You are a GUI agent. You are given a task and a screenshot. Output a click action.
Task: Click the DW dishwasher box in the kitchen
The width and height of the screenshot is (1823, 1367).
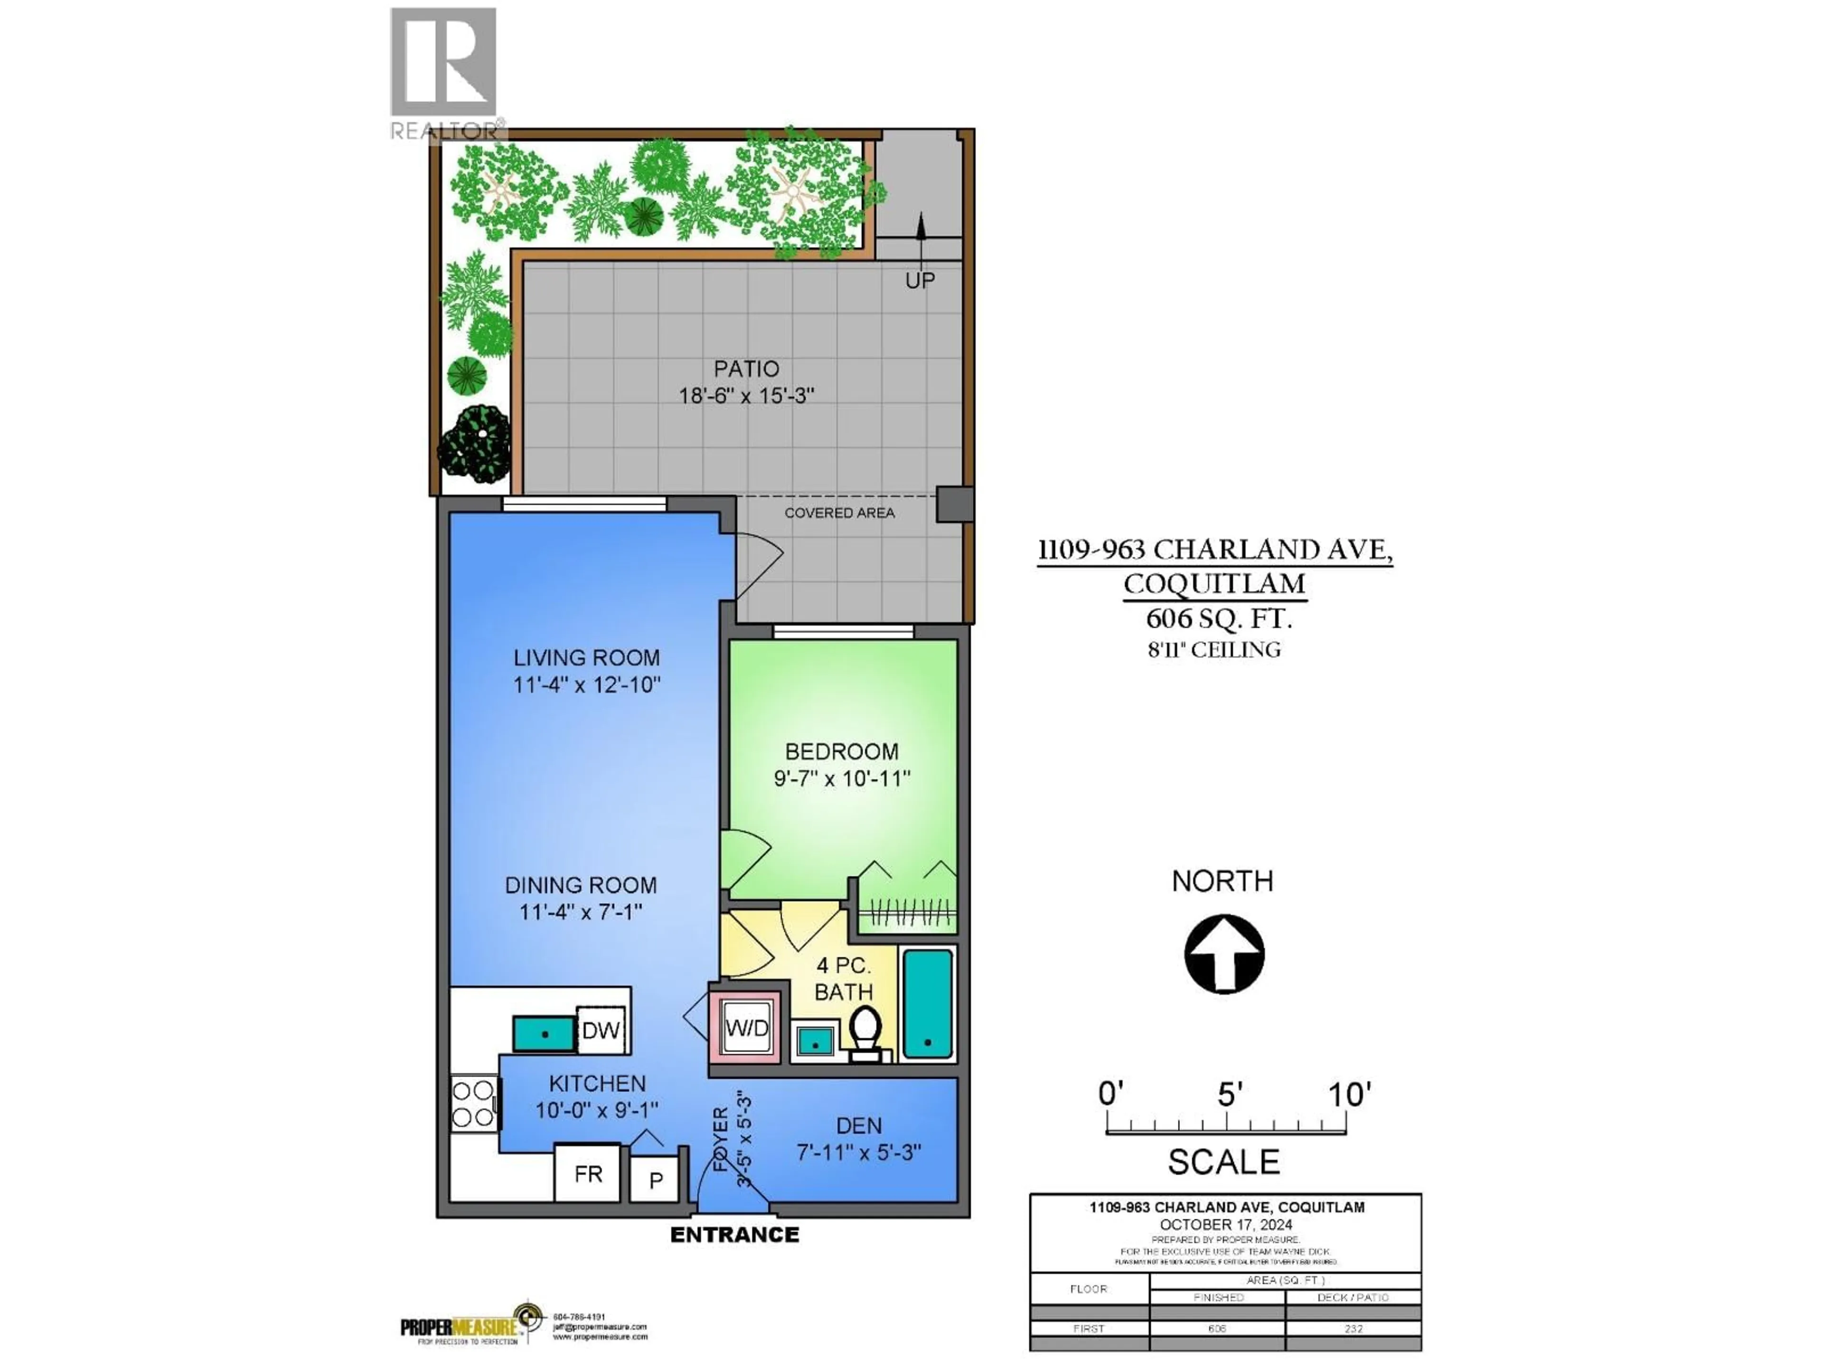point(601,1030)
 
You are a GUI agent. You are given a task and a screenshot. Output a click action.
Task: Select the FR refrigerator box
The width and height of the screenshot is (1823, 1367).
point(588,1173)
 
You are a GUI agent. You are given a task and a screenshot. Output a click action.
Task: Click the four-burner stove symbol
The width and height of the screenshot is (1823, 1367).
point(473,1104)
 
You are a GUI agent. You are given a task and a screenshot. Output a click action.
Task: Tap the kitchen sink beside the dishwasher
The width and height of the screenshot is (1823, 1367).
point(544,1033)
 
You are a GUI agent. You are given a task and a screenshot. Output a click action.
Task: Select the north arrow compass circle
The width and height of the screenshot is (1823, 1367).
point(1224,954)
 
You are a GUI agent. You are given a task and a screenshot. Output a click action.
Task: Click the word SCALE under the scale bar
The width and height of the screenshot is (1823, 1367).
point(1224,1162)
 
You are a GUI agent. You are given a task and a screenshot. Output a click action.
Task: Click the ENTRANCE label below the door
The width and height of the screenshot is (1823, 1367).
point(734,1235)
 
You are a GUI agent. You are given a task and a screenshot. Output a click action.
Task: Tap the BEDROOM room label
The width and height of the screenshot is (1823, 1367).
point(841,751)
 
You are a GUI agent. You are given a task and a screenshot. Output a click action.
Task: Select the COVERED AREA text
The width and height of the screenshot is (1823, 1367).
point(839,513)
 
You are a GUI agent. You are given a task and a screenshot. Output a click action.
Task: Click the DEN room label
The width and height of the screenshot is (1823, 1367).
point(859,1125)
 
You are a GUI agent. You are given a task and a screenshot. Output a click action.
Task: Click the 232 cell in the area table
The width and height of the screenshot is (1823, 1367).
point(1353,1328)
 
